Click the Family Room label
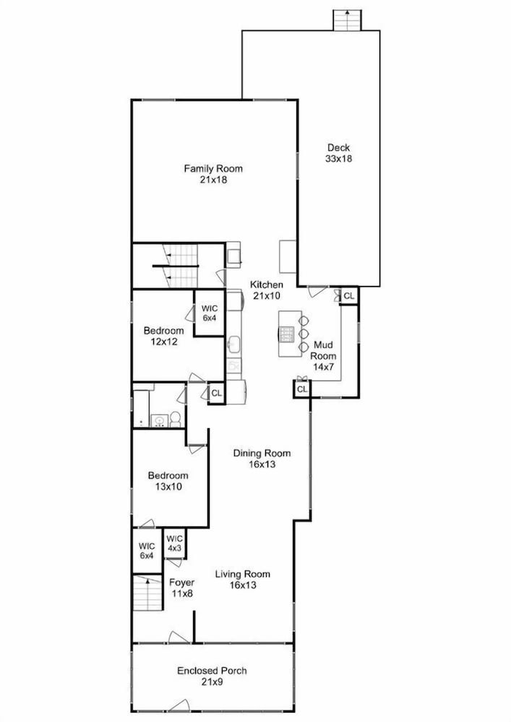click(213, 174)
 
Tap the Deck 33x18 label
click(339, 153)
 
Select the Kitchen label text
click(266, 284)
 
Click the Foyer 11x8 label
click(182, 588)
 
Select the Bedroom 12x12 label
click(163, 336)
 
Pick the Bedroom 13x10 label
click(168, 481)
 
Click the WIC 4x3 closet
click(175, 544)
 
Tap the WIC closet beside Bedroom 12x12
click(209, 313)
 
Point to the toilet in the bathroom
click(175, 419)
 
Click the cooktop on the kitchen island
click(287, 334)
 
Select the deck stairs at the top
click(348, 19)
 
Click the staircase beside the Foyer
click(148, 593)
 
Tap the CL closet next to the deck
click(349, 295)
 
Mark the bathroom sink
click(160, 421)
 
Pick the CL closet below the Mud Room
click(302, 390)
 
